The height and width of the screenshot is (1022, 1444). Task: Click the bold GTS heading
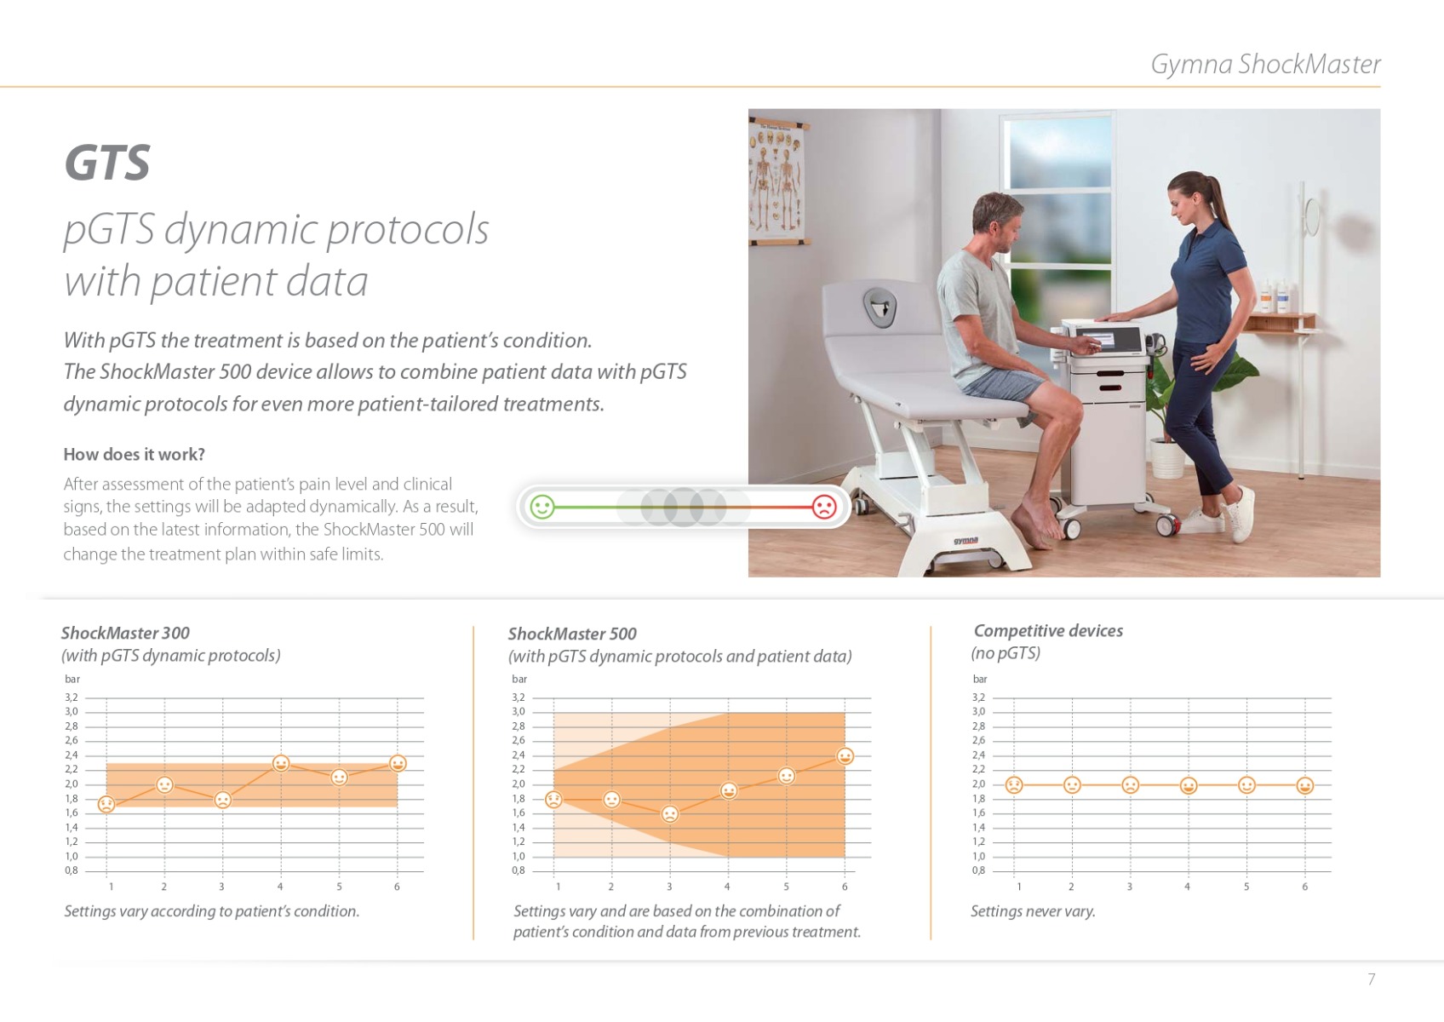click(107, 163)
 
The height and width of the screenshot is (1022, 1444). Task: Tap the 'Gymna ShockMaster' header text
click(1265, 65)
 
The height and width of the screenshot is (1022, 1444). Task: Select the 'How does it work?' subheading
click(134, 455)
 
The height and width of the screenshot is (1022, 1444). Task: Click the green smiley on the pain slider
click(542, 507)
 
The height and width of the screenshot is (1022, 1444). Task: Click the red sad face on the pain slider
click(824, 507)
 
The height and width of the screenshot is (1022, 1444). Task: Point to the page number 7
click(1371, 979)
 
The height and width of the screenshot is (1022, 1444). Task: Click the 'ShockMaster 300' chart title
click(125, 633)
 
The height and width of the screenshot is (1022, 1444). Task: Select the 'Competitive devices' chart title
click(1047, 630)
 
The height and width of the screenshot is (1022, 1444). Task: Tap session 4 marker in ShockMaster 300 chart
click(280, 763)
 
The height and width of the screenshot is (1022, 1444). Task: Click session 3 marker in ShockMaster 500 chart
click(670, 813)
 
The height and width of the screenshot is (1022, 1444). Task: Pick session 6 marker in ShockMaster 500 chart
click(845, 755)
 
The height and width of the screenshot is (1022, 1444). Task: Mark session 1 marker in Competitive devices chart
click(1014, 784)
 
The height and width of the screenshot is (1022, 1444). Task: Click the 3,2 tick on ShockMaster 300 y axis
click(71, 697)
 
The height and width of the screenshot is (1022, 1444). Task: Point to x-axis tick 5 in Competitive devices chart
click(1246, 887)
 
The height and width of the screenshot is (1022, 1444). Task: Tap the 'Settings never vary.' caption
click(1033, 911)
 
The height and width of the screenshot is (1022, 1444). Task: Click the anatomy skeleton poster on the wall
click(776, 181)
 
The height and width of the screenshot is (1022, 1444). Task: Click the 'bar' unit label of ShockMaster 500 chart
click(519, 679)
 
